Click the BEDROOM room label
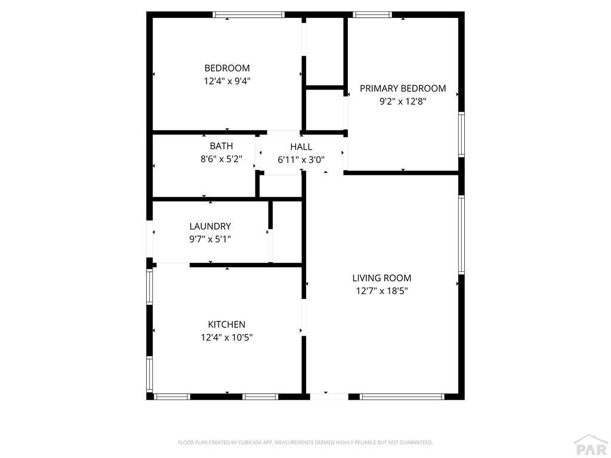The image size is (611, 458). (227, 68)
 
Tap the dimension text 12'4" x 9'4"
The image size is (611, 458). (227, 81)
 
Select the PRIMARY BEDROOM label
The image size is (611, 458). (403, 88)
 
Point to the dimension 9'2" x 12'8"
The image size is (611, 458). (403, 101)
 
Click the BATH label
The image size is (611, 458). (221, 146)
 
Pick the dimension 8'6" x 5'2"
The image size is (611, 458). (221, 159)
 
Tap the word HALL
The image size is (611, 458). (301, 147)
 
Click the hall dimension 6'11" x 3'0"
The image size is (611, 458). (301, 160)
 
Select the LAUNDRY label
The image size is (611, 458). (210, 226)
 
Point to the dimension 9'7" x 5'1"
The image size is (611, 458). (210, 239)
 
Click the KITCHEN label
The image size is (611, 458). (226, 324)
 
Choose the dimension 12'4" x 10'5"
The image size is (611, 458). (226, 338)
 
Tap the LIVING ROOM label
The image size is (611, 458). (381, 278)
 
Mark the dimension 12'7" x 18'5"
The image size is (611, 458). (381, 291)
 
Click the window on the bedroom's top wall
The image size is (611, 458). (249, 15)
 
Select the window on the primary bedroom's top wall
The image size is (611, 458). (372, 15)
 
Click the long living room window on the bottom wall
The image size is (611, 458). (402, 397)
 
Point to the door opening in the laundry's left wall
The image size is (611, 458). (149, 239)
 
